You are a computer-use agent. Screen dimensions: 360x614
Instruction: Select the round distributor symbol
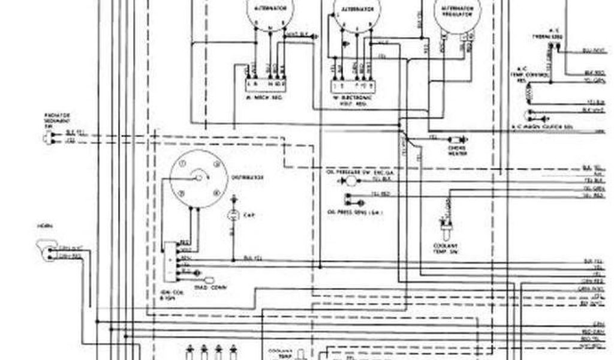pos(198,178)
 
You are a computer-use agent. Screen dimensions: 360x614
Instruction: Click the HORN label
pos(43,227)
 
